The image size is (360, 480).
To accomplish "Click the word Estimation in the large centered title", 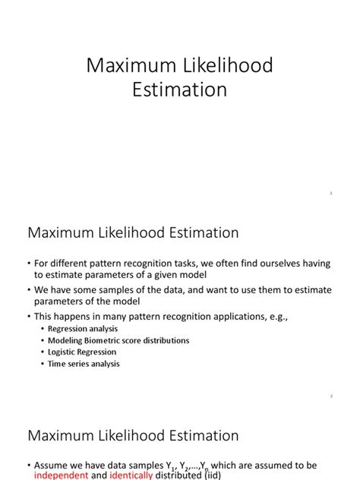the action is click(180, 90).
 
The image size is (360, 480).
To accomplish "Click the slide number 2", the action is click(331, 396).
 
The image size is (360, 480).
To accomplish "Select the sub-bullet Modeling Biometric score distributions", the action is click(118, 340).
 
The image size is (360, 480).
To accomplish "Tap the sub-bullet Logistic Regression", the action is click(82, 352).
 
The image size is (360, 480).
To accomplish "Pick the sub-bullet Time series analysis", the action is click(84, 364).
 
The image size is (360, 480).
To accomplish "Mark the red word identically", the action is click(131, 475).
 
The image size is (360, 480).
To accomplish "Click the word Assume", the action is click(52, 465).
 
